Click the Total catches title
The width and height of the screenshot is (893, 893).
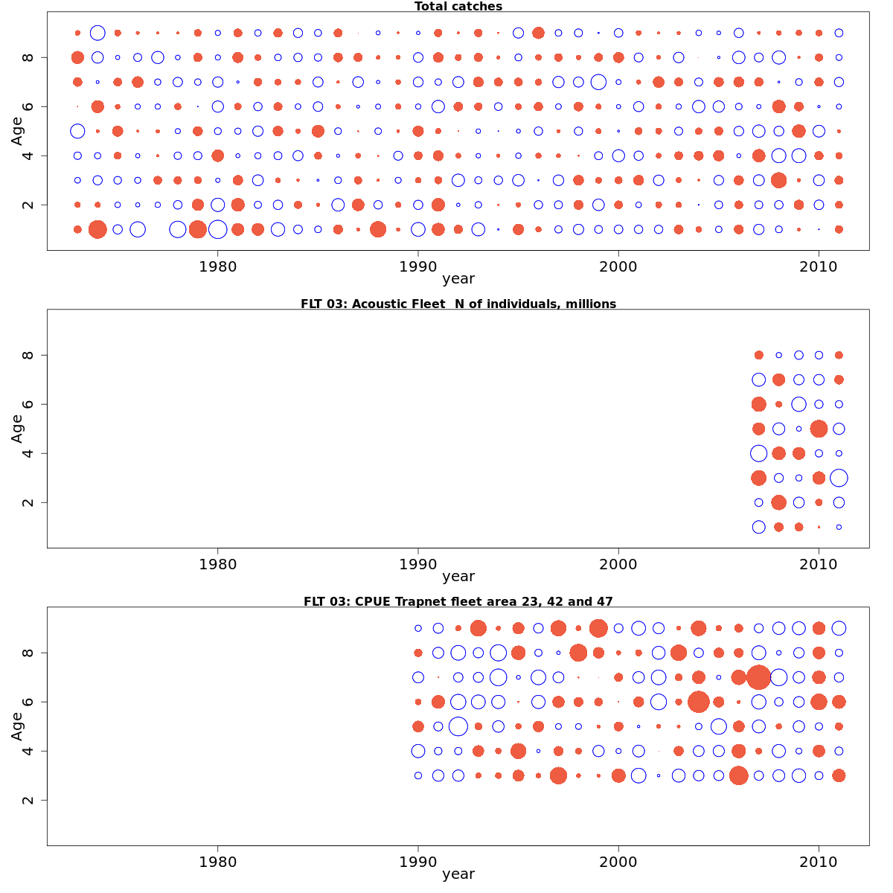pos(458,7)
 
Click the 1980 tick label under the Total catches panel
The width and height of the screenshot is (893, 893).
pos(218,266)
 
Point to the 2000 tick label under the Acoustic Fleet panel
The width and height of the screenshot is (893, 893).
pos(618,563)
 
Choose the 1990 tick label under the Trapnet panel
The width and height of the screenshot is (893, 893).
pos(418,862)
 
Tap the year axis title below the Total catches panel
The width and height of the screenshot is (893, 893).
pos(458,279)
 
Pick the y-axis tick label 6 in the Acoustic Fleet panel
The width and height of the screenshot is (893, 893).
pos(28,404)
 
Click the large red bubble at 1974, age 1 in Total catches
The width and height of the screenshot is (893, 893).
pos(97,229)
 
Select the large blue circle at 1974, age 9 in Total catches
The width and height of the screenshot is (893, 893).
pos(97,33)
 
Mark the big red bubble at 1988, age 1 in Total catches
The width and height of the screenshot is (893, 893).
pos(378,229)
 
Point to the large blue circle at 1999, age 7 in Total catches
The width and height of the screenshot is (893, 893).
pos(598,82)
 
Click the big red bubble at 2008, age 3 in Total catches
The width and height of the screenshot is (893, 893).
pos(778,180)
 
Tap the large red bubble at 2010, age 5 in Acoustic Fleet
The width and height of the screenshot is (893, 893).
pos(819,429)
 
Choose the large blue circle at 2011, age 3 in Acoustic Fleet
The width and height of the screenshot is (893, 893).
pos(839,478)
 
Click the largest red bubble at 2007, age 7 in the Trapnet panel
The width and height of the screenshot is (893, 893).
pos(758,677)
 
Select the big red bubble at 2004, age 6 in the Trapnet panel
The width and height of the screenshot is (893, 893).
pos(698,702)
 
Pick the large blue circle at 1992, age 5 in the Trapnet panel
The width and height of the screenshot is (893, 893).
pos(458,726)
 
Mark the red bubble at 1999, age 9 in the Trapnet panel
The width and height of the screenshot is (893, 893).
pos(598,628)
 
